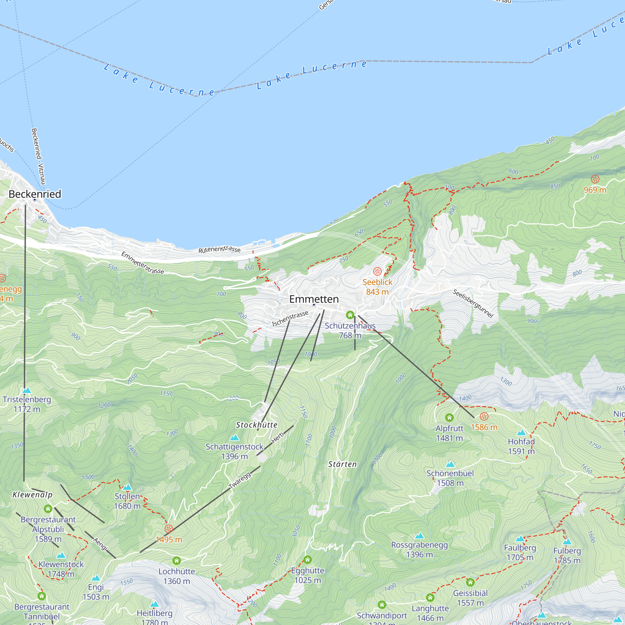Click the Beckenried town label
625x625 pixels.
click(x=35, y=194)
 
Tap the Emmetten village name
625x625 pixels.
click(x=314, y=299)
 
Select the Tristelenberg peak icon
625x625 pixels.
click(x=27, y=390)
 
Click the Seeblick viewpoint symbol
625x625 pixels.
click(x=377, y=271)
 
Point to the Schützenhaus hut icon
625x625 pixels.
click(x=350, y=315)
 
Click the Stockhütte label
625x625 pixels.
click(x=257, y=425)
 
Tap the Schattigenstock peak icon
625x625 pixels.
click(x=234, y=438)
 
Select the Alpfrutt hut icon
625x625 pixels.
click(x=449, y=417)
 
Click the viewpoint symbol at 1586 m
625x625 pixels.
click(x=484, y=416)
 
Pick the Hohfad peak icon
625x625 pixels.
click(x=521, y=433)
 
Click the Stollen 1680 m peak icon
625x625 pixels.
click(x=127, y=487)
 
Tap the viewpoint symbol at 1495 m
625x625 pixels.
click(x=168, y=529)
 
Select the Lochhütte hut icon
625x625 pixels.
click(x=176, y=560)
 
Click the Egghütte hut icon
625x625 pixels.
click(x=307, y=559)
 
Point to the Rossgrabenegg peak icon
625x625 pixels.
click(x=419, y=536)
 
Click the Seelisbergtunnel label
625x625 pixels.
click(x=473, y=303)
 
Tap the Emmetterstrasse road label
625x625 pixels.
click(x=143, y=263)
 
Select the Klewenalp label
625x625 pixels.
click(x=32, y=495)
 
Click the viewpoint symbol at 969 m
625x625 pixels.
click(x=595, y=179)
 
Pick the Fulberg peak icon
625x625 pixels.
click(x=567, y=542)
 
